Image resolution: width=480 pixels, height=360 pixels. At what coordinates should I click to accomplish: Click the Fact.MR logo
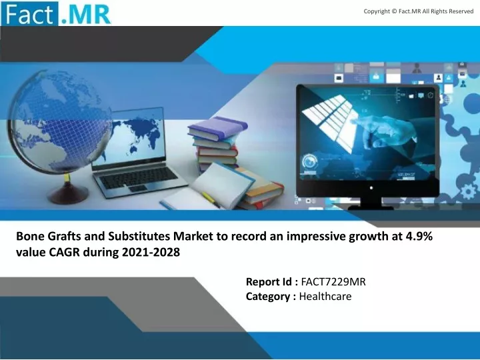pyautogui.click(x=56, y=13)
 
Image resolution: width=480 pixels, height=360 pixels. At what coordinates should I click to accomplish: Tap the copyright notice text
pyautogui.click(x=419, y=11)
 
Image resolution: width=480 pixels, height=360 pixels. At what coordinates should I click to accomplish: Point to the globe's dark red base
pyautogui.click(x=67, y=194)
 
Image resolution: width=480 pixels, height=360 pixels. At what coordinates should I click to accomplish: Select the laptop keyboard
pyautogui.click(x=139, y=177)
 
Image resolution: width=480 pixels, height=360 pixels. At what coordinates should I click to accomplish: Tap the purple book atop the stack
pyautogui.click(x=217, y=127)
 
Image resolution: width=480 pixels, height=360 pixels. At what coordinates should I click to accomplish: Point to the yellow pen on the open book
pyautogui.click(x=211, y=199)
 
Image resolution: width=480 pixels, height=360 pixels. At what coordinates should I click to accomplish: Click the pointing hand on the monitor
pyautogui.click(x=386, y=129)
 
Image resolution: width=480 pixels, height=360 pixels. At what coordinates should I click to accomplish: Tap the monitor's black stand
pyautogui.click(x=371, y=203)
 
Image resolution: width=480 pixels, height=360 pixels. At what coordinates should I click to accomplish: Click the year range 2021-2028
pyautogui.click(x=151, y=252)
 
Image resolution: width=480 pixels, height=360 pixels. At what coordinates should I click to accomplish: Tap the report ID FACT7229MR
pyautogui.click(x=333, y=281)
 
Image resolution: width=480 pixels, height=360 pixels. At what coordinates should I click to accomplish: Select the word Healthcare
pyautogui.click(x=325, y=296)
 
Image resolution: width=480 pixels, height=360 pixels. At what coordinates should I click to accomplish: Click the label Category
pyautogui.click(x=268, y=297)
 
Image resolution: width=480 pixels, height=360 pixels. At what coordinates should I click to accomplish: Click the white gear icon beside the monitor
pyautogui.click(x=469, y=191)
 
